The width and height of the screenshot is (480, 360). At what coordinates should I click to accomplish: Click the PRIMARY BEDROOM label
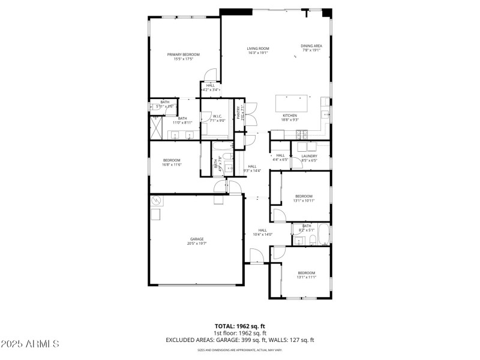click(x=183, y=55)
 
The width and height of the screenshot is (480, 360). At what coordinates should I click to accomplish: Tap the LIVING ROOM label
click(x=258, y=49)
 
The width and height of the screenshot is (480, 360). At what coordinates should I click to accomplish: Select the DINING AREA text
click(x=311, y=46)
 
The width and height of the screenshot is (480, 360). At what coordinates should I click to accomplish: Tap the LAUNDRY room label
click(x=309, y=156)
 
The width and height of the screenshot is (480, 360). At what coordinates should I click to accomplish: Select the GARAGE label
click(x=197, y=239)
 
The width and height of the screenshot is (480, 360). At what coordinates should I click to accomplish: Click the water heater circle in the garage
click(x=157, y=200)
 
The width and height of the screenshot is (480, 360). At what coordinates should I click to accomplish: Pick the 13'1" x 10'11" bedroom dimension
click(x=304, y=200)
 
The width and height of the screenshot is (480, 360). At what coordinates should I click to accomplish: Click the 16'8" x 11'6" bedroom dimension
click(x=172, y=164)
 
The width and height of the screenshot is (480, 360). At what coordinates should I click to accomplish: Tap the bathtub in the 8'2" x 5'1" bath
click(x=323, y=235)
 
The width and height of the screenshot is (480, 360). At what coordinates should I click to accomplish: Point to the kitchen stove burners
click(x=304, y=133)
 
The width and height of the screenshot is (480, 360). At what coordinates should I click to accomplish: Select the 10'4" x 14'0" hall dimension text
click(x=263, y=234)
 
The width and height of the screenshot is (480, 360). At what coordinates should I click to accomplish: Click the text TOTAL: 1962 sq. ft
click(x=240, y=326)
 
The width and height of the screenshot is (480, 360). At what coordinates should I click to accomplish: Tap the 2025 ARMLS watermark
click(x=30, y=344)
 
